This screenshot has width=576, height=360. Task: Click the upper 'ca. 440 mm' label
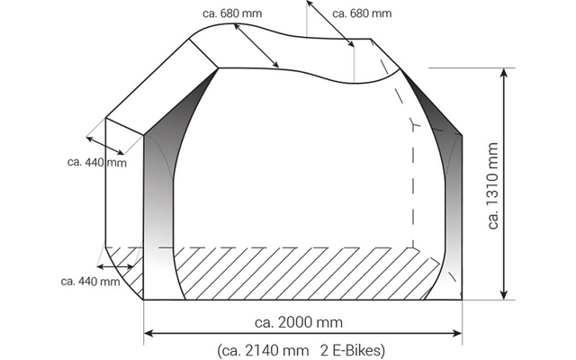[97, 163]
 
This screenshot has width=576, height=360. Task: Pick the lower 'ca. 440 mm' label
[90, 282]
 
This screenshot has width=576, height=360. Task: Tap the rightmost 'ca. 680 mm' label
[362, 13]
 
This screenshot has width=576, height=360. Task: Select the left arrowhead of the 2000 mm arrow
[149, 333]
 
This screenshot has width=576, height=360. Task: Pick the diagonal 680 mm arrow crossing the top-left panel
[256, 45]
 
